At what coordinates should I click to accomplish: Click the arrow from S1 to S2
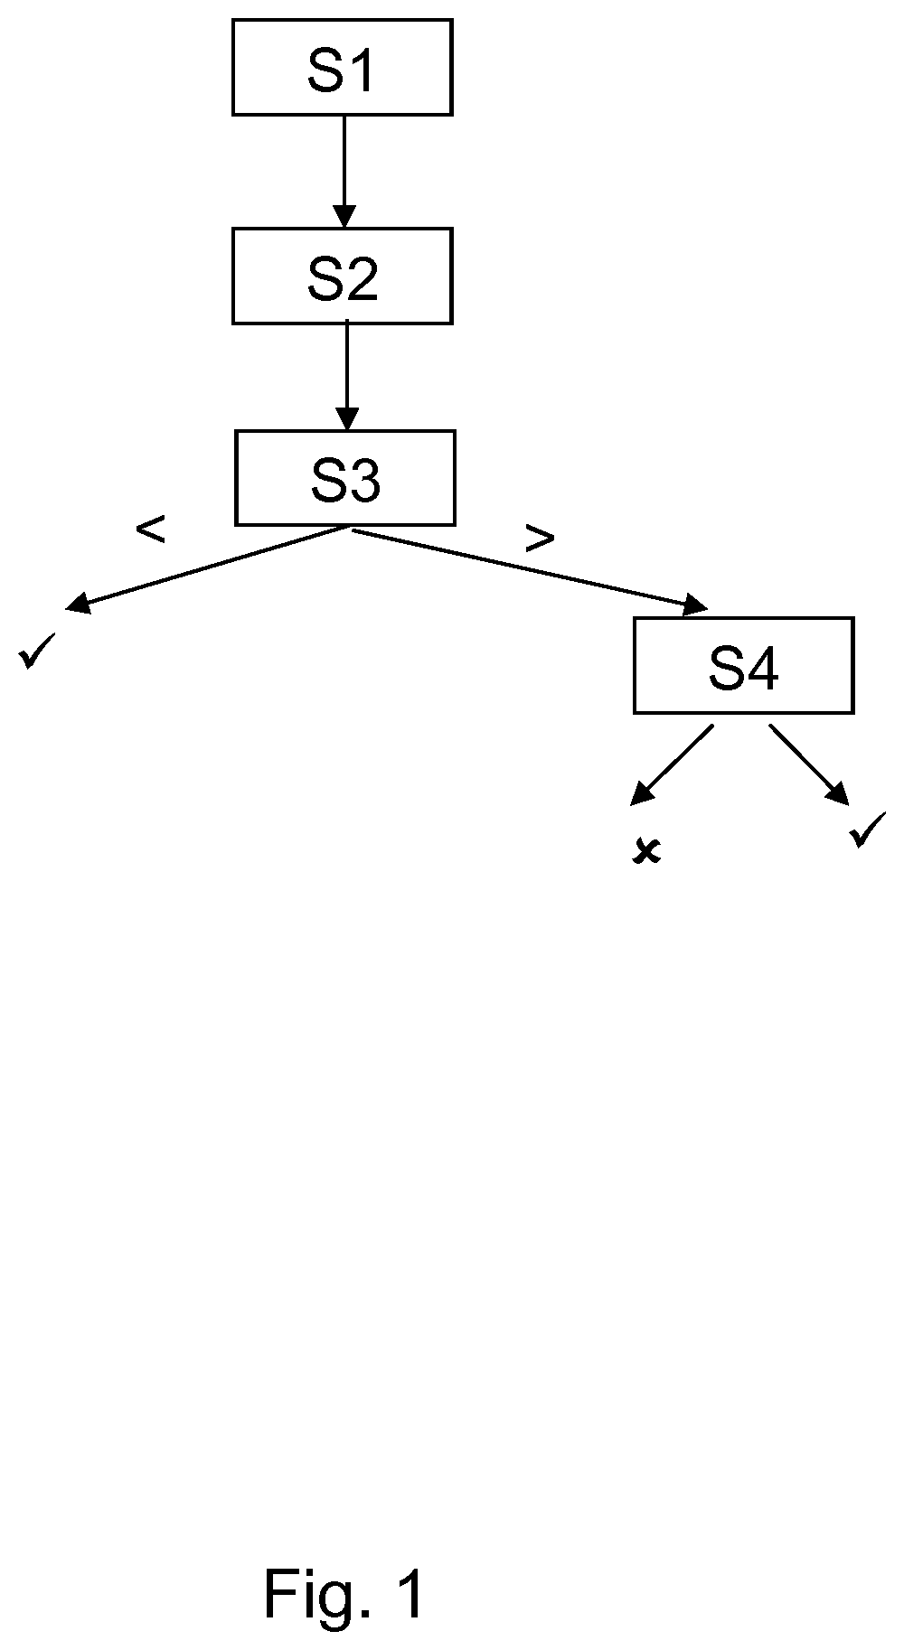[344, 172]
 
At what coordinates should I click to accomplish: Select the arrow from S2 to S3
[346, 377]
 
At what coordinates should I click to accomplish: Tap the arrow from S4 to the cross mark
[672, 764]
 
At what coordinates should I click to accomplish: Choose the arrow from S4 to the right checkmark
[809, 764]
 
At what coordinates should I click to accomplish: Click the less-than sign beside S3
[150, 530]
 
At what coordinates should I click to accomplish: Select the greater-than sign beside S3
[540, 539]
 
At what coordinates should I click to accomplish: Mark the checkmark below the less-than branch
[37, 651]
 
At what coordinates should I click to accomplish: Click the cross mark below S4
[646, 851]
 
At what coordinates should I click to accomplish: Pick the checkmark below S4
[869, 830]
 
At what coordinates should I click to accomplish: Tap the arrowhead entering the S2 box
[344, 217]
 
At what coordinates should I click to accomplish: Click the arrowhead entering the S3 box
[346, 419]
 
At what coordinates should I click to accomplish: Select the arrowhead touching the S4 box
[697, 605]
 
